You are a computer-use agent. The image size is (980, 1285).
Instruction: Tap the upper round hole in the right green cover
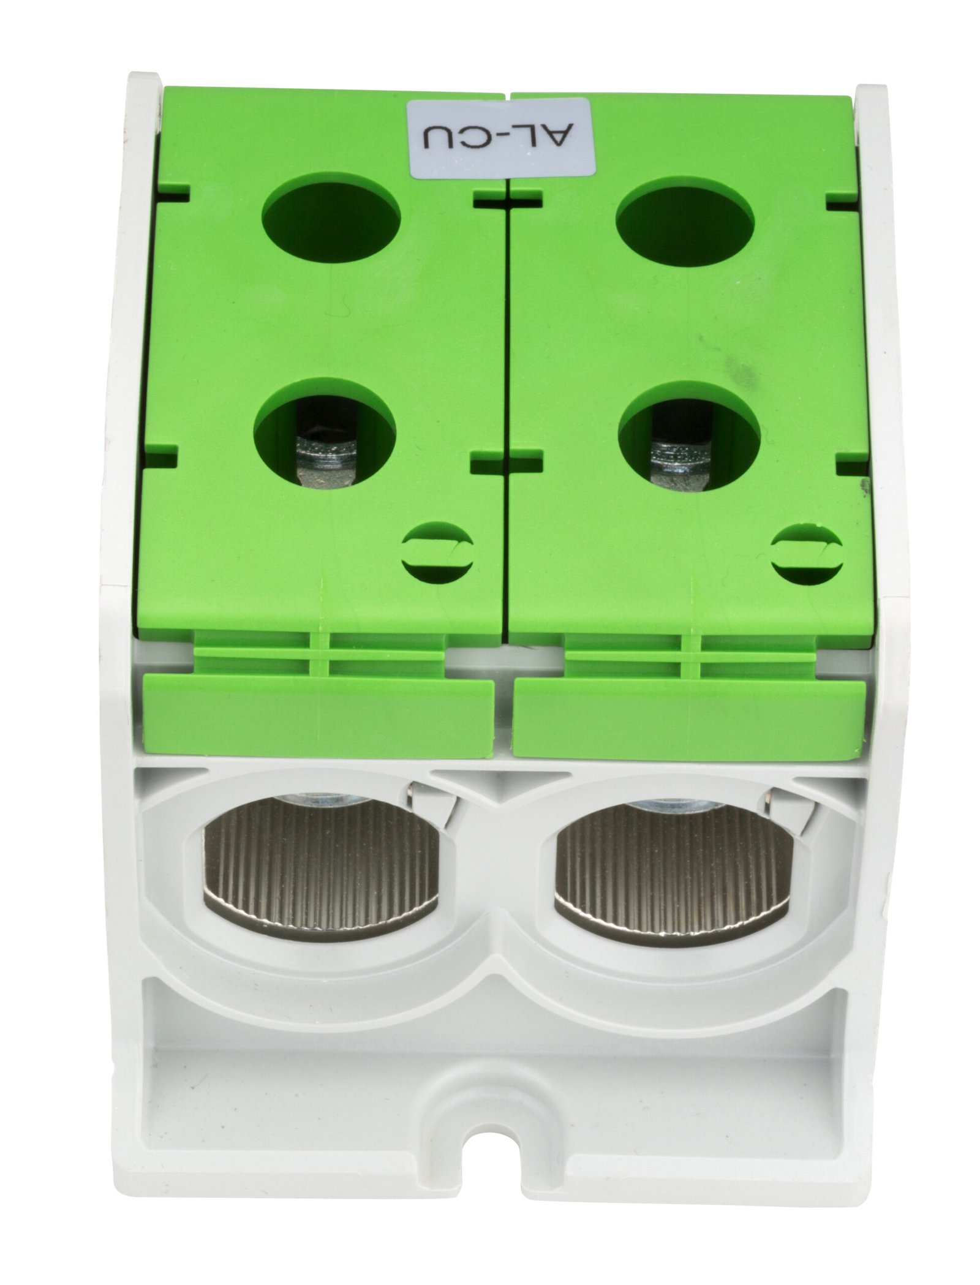coord(685,220)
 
